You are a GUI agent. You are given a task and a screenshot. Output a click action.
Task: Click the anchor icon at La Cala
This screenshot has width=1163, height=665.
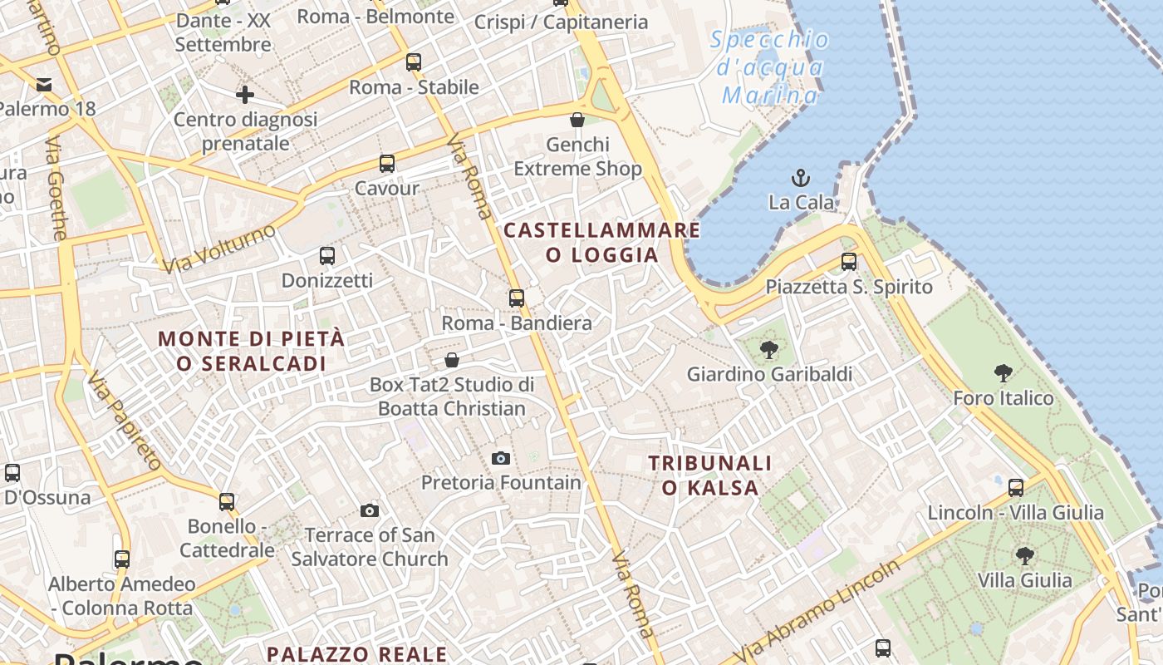pyautogui.click(x=800, y=177)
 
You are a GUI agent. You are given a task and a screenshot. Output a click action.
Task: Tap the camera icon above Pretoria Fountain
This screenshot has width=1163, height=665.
pyautogui.click(x=500, y=458)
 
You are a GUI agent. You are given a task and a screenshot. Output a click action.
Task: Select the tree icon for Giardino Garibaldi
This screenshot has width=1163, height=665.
pyautogui.click(x=769, y=349)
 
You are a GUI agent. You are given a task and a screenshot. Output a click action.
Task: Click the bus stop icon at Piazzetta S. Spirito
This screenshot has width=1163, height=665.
pyautogui.click(x=848, y=262)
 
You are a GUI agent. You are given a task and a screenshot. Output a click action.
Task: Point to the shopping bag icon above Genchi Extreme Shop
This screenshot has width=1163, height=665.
pyautogui.click(x=577, y=121)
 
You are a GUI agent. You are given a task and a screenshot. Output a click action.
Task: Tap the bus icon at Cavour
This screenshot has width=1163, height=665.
pyautogui.click(x=386, y=164)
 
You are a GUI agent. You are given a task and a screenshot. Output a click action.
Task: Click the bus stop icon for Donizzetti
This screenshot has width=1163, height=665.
pyautogui.click(x=326, y=256)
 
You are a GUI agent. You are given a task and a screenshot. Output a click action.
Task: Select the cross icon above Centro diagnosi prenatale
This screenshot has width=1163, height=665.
pyautogui.click(x=244, y=95)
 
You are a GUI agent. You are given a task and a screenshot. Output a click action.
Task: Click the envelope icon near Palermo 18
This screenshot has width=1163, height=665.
pyautogui.click(x=44, y=85)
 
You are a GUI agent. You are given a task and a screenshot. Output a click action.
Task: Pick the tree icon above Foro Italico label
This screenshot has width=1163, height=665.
pyautogui.click(x=1003, y=373)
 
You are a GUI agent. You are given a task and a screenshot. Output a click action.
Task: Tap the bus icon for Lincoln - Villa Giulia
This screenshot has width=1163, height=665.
pyautogui.click(x=1015, y=488)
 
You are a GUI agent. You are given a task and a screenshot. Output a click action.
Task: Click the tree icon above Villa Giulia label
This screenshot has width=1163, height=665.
pyautogui.click(x=1024, y=555)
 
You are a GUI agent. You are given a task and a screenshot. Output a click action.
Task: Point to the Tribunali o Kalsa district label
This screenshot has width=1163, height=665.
pyautogui.click(x=710, y=475)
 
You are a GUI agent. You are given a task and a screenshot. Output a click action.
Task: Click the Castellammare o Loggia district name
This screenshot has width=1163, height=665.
pyautogui.click(x=602, y=242)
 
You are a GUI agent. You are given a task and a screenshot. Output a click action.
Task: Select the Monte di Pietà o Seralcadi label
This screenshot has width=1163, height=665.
pyautogui.click(x=251, y=351)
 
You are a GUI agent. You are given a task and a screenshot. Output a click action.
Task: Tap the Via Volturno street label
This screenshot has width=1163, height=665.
pyautogui.click(x=219, y=248)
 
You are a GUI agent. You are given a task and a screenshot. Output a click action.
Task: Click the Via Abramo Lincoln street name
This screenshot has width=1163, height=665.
pyautogui.click(x=818, y=612)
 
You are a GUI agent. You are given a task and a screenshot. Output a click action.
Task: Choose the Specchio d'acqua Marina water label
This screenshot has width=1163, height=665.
pyautogui.click(x=770, y=67)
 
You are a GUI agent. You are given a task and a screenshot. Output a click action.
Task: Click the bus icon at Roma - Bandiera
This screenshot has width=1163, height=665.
pyautogui.click(x=517, y=298)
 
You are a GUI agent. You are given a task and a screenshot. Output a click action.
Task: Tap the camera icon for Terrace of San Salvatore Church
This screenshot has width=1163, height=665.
pyautogui.click(x=370, y=510)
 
